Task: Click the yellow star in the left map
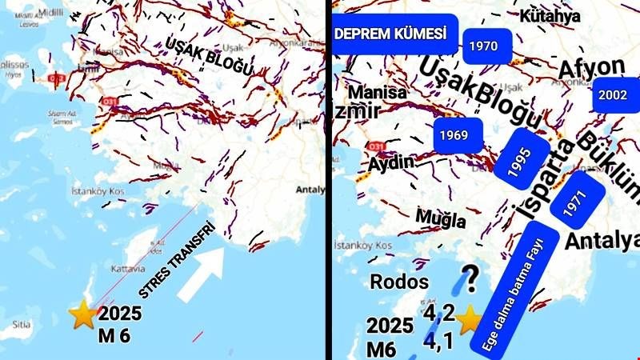(82, 314)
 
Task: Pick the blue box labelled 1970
(484, 46)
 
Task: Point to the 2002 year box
(613, 94)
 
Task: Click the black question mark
(472, 279)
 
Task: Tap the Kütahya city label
(549, 15)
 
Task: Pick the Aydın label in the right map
(390, 162)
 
